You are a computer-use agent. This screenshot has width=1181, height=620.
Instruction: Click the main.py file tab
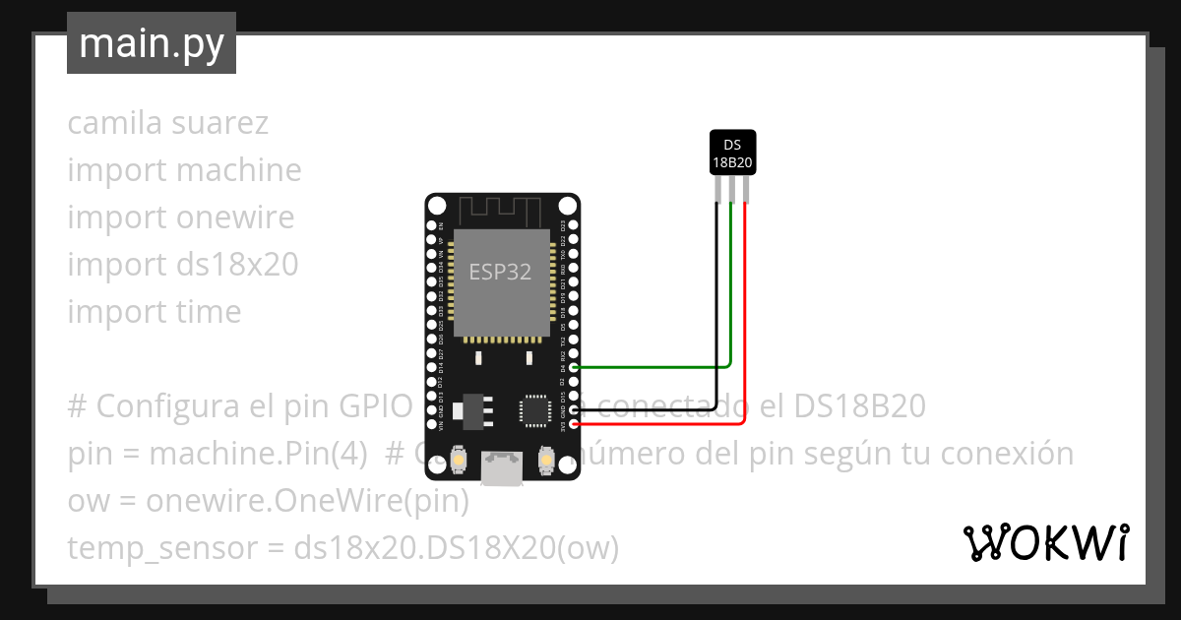coord(151,43)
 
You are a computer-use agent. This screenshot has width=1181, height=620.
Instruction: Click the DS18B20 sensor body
coord(732,153)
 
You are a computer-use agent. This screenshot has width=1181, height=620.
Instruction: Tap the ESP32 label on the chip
coord(500,273)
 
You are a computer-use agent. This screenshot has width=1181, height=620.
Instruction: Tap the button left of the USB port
coord(459,460)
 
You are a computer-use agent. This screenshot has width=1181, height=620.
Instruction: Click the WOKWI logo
coord(1045,542)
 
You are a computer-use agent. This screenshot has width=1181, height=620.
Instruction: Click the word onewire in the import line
coord(235,217)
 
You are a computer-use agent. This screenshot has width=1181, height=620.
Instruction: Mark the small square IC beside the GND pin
coord(536,409)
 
